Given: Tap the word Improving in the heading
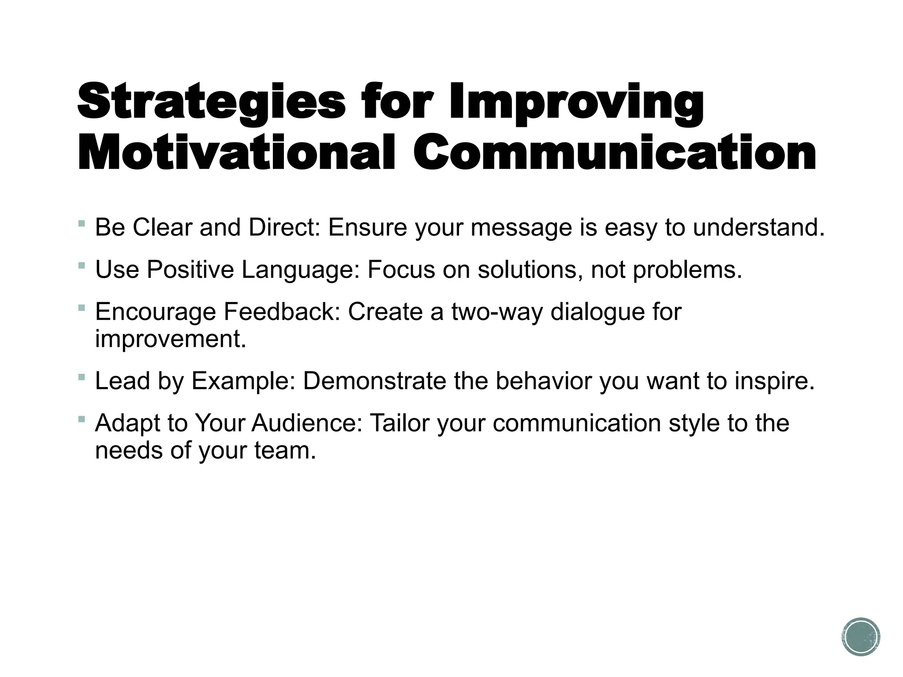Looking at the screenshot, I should (x=576, y=102).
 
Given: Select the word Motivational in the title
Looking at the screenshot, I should (x=236, y=152).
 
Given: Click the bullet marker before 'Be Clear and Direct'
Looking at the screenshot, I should (x=81, y=224).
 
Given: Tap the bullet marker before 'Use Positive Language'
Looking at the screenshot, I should (x=81, y=266).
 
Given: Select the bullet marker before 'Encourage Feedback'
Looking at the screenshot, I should (x=81, y=308).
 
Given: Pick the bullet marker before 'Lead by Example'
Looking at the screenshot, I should (x=81, y=377).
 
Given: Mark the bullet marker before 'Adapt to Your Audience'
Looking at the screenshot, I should (x=81, y=419).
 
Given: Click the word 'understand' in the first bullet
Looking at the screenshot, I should (x=758, y=228).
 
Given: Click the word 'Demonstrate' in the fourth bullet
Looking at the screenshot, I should (x=374, y=381).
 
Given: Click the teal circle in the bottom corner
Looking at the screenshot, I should (x=861, y=636).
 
